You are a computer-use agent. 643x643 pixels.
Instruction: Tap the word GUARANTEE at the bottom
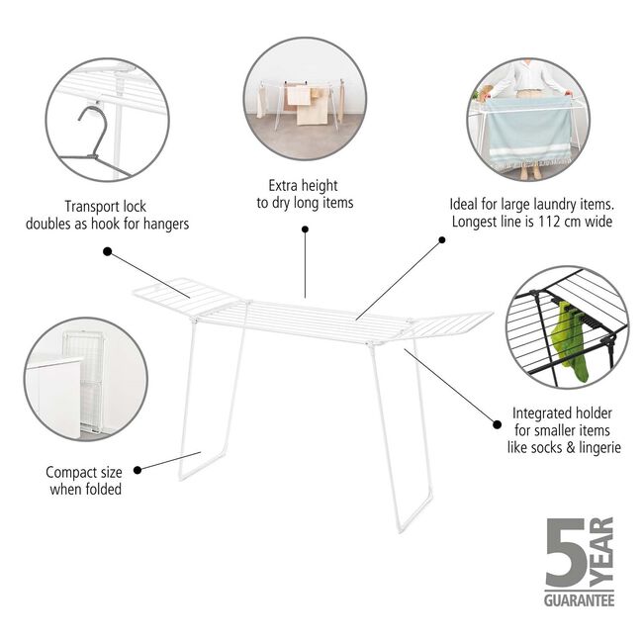[579, 599]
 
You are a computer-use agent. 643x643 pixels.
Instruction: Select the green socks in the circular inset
[571, 341]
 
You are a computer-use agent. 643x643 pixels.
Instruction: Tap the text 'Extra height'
[304, 185]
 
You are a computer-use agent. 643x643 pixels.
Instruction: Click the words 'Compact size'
[84, 472]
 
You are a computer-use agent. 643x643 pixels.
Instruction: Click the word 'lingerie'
[595, 448]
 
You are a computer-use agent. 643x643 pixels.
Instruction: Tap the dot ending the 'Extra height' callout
[305, 230]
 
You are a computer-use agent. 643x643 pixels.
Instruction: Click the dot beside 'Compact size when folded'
[138, 469]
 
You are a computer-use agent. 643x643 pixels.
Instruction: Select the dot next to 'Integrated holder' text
[496, 423]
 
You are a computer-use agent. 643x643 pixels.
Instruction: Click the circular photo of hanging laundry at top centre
[306, 99]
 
